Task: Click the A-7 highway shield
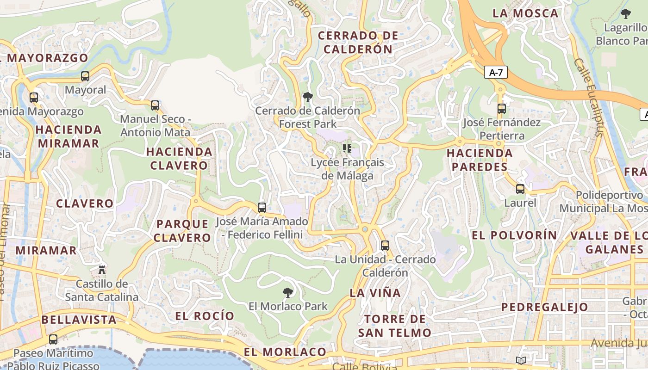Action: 496,73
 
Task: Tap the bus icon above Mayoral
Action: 85,76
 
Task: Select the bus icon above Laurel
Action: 520,189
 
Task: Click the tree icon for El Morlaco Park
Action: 288,292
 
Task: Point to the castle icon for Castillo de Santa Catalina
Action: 102,269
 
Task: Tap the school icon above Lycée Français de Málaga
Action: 347,148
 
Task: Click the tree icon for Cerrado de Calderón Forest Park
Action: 307,97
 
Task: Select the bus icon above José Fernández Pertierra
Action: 502,109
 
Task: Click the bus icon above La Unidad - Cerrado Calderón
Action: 385,246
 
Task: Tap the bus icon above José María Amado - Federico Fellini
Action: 262,207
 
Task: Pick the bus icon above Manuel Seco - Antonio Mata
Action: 155,105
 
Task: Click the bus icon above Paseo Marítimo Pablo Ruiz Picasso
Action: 53,339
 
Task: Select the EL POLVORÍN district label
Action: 514,235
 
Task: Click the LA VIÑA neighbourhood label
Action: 375,293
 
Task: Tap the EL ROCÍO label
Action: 205,316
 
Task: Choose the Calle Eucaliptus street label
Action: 588,97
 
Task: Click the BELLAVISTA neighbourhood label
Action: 79,320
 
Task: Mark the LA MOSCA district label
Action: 525,13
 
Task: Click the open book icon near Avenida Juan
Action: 521,360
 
